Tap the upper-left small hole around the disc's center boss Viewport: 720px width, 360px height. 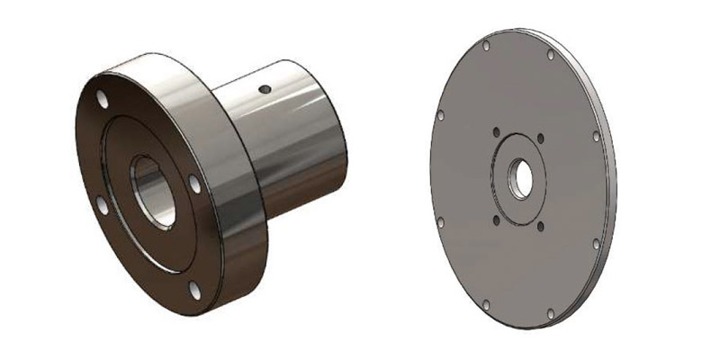coord(496,134)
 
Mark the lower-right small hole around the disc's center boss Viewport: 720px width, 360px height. coord(540,224)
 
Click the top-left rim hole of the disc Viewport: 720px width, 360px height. coord(486,44)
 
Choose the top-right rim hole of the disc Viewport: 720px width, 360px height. coord(551,55)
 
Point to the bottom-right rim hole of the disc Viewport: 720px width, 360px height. coord(548,314)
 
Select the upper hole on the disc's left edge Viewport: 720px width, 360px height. coord(440,114)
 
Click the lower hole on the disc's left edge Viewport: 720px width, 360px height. coord(439,220)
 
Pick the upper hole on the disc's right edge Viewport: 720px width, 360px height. coord(596,137)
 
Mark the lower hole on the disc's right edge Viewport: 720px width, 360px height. coord(595,243)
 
